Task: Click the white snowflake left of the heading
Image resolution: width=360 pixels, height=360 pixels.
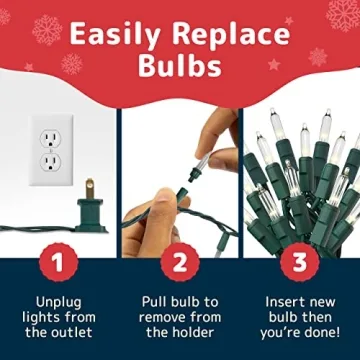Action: (46, 30)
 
